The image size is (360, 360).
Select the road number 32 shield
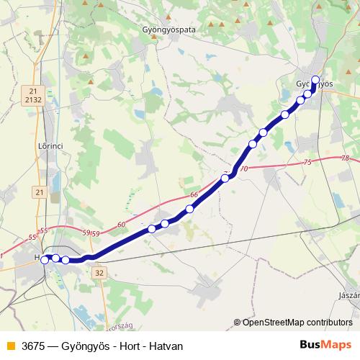[99, 273]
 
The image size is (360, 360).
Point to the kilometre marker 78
[345, 158]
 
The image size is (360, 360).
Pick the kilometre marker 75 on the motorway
[308, 163]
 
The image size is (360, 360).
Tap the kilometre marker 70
[243, 169]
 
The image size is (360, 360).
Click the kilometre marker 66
[194, 195]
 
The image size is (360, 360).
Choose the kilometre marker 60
[120, 225]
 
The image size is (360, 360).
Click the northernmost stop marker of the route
[315, 80]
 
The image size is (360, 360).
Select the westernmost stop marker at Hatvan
[45, 259]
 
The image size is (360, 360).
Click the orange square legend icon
[9, 346]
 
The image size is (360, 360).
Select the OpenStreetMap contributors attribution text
[297, 323]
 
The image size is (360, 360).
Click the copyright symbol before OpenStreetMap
[238, 323]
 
